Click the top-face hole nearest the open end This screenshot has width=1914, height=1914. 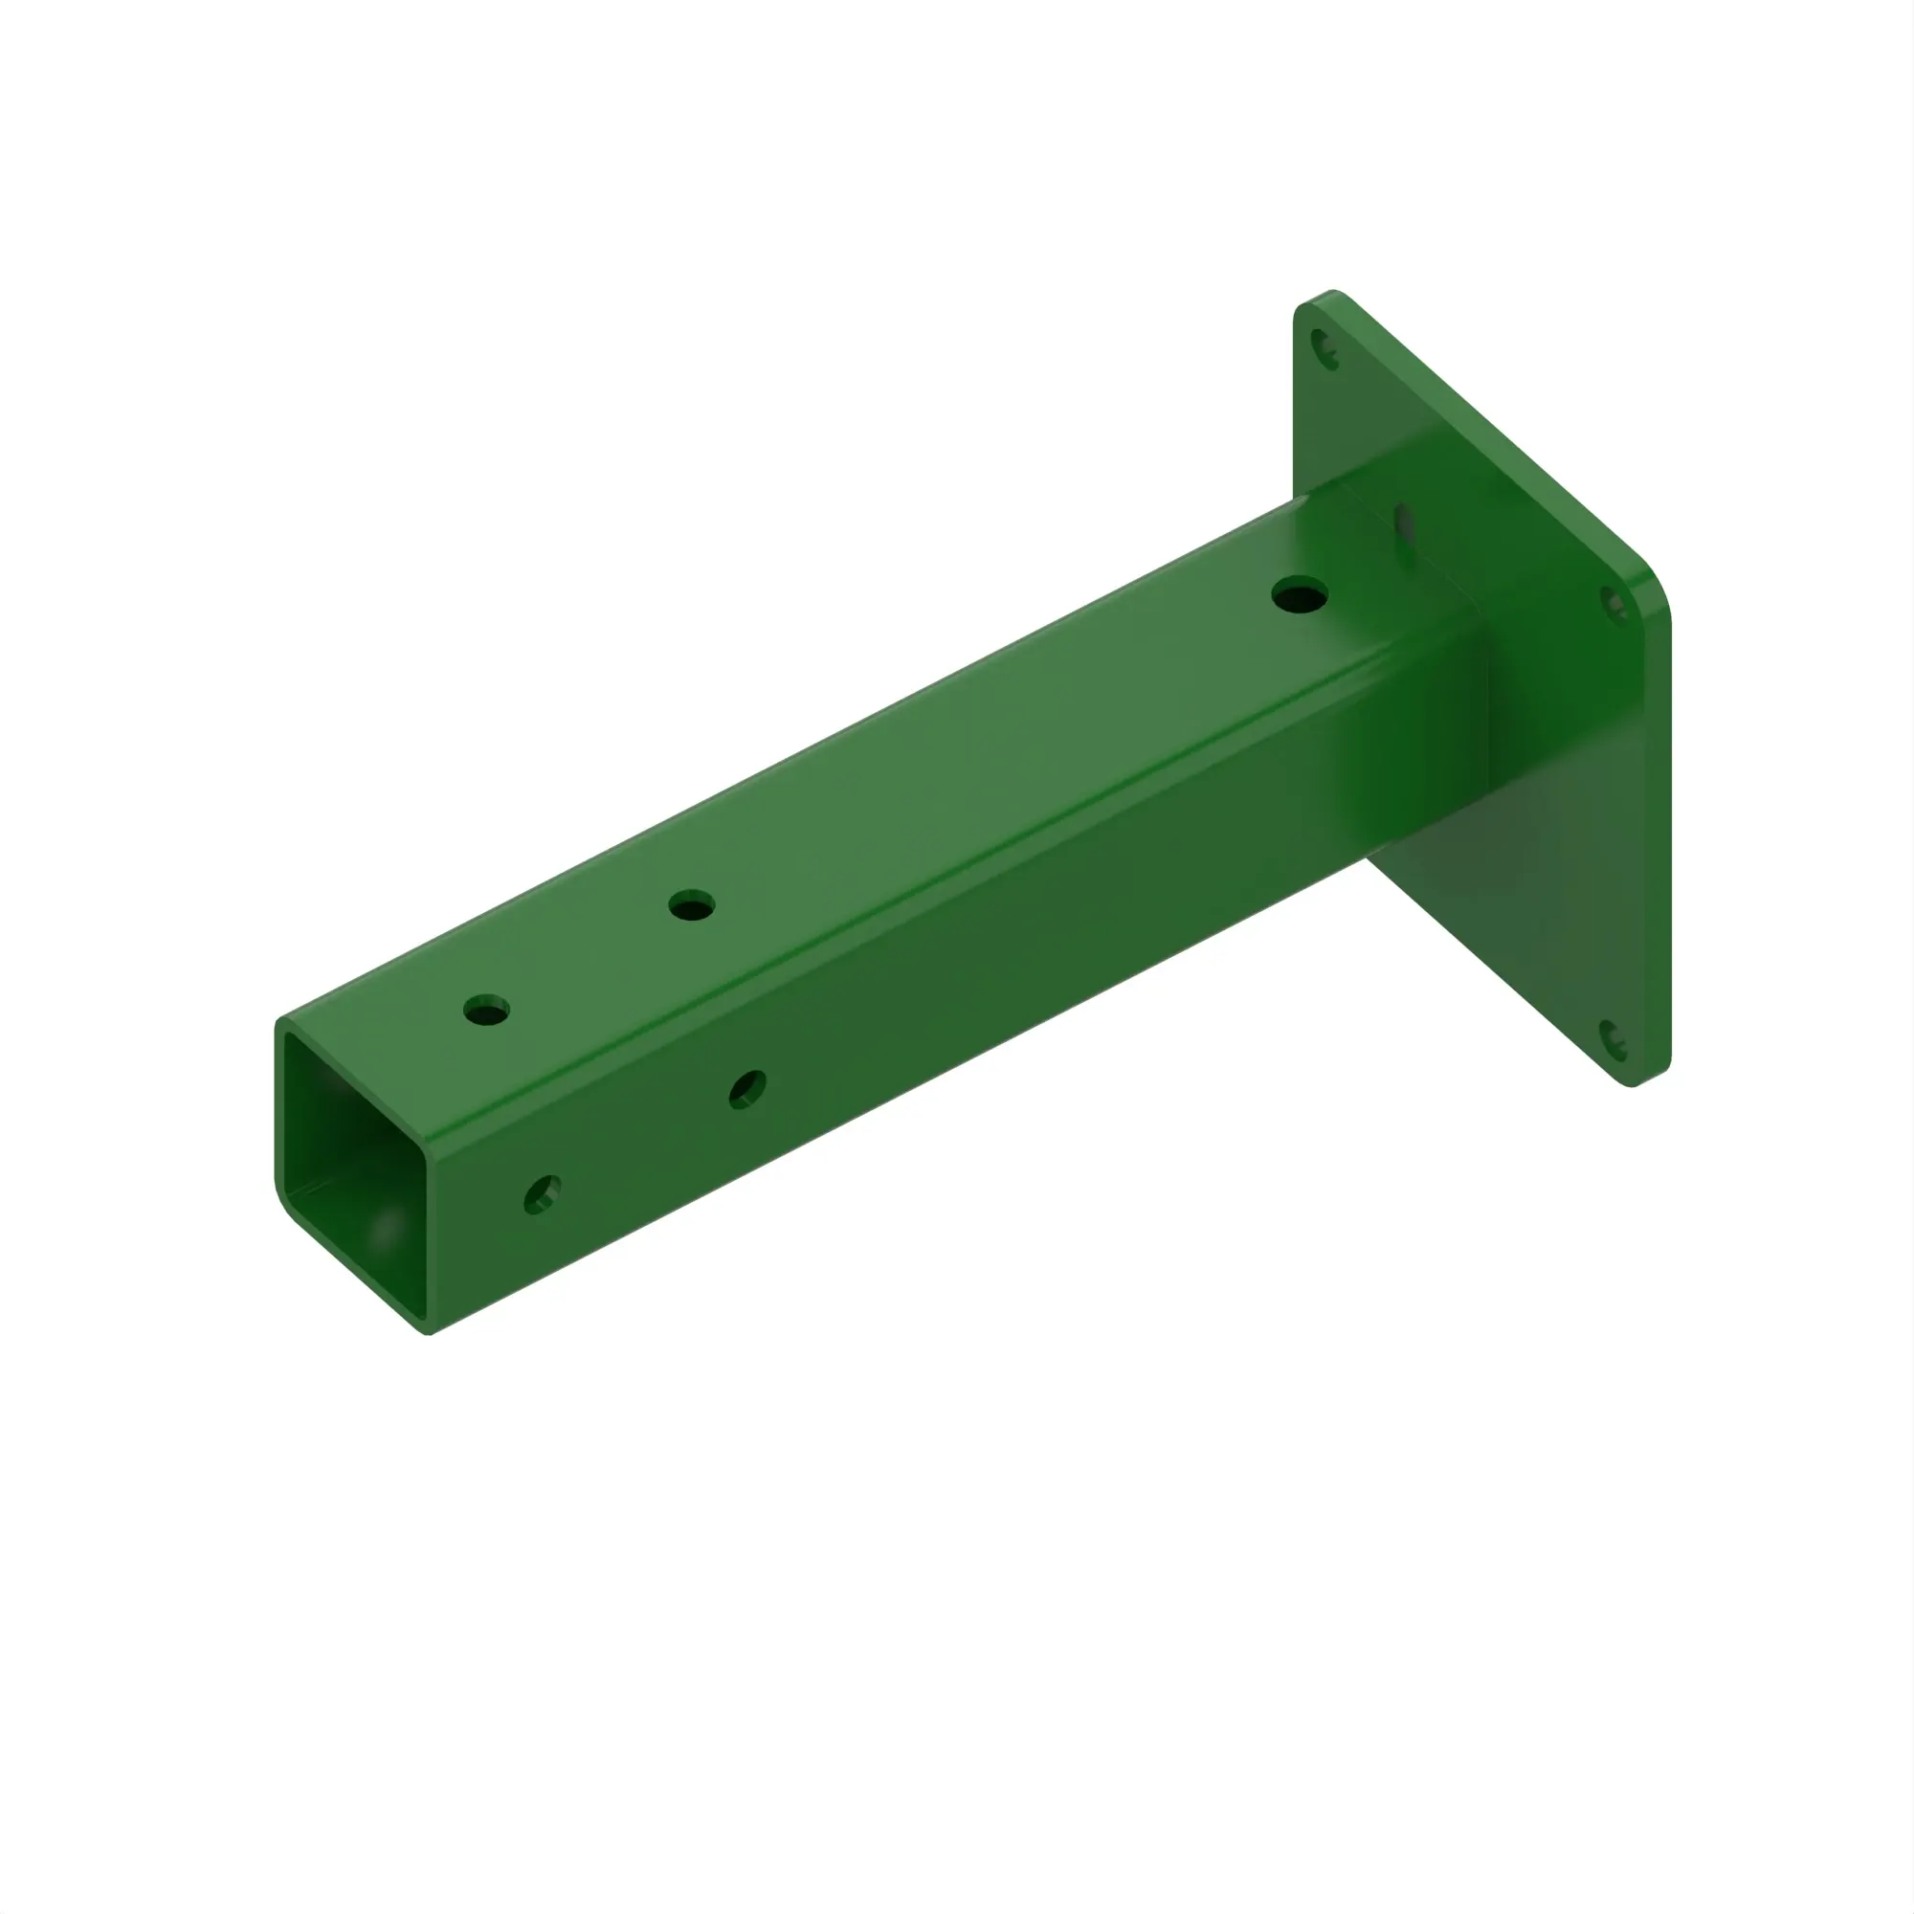486,1011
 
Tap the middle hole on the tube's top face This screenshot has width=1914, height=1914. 692,905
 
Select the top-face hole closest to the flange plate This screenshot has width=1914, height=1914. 1300,596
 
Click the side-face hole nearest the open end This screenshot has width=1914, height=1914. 542,1193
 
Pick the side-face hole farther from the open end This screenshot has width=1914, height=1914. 747,1090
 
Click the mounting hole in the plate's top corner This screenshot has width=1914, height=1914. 1324,349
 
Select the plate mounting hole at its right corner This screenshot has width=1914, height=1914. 1614,603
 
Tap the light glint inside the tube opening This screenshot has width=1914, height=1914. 386,1229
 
